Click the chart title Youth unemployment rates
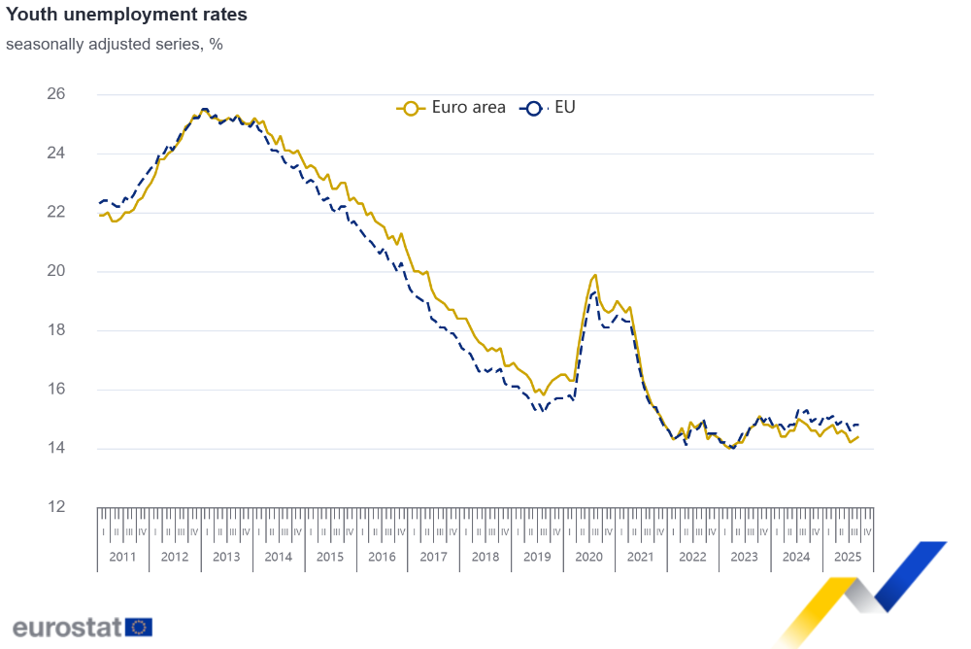[x=126, y=16]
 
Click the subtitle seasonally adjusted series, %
[x=115, y=44]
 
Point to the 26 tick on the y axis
[x=56, y=94]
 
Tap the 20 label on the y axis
[x=56, y=271]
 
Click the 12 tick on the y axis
[x=56, y=507]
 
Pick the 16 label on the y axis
[x=56, y=390]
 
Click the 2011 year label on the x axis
[x=122, y=557]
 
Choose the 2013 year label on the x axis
[x=226, y=557]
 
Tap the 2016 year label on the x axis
[x=382, y=557]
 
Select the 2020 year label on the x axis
[x=588, y=557]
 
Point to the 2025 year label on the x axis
[x=848, y=557]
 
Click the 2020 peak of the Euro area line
[x=595, y=275]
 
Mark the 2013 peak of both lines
[x=204, y=110]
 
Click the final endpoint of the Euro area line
[x=857, y=436]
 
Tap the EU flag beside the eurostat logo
[x=139, y=627]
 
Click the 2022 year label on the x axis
[x=692, y=557]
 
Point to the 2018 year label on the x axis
[x=485, y=557]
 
